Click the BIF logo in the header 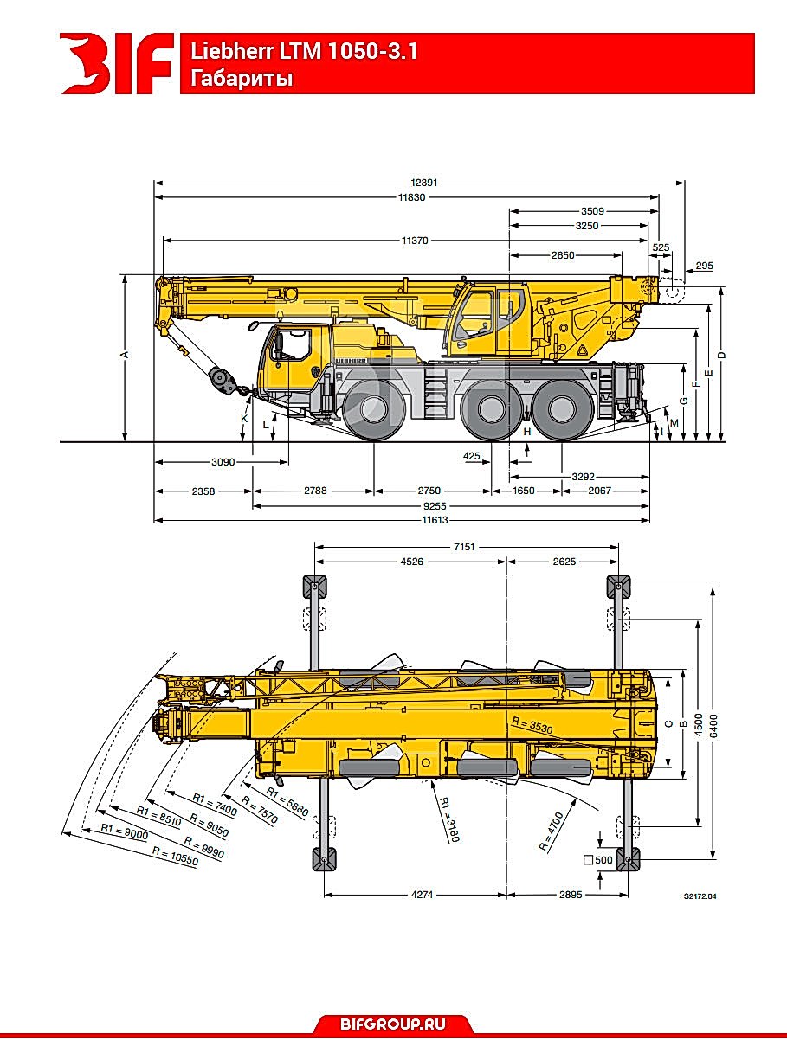click(117, 63)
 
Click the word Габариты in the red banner click(242, 78)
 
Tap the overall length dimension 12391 click(424, 183)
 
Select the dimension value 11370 click(415, 241)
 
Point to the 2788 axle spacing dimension click(315, 491)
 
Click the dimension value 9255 click(435, 505)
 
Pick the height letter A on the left click(126, 355)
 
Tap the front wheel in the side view click(373, 409)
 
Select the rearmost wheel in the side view click(561, 409)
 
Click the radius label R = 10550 click(175, 856)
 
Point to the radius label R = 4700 click(551, 831)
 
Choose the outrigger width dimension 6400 click(714, 726)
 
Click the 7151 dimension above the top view click(464, 547)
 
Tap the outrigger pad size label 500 click(603, 860)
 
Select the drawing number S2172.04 click(700, 896)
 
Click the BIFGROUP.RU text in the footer click(393, 1024)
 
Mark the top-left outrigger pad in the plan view click(315, 587)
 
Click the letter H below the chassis click(527, 432)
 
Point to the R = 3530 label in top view click(532, 725)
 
